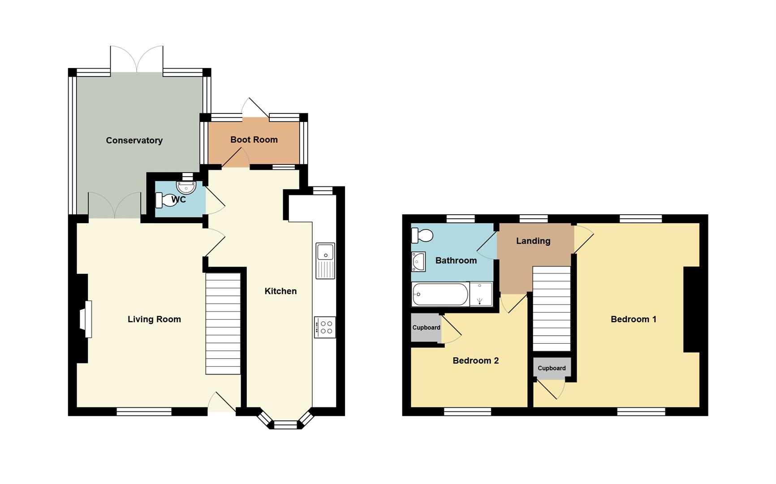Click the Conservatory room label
pyautogui.click(x=134, y=140)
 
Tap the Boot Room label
pyautogui.click(x=254, y=139)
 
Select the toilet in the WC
pyautogui.click(x=166, y=200)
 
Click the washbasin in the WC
pyautogui.click(x=186, y=187)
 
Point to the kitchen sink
pyautogui.click(x=325, y=260)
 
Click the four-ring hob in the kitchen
pyautogui.click(x=325, y=327)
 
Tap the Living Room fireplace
pyautogui.click(x=86, y=319)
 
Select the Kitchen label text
pyautogui.click(x=280, y=291)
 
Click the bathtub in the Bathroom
pyautogui.click(x=440, y=294)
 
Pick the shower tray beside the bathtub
pyautogui.click(x=481, y=294)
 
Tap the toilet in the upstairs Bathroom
pyautogui.click(x=422, y=235)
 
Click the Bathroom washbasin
pyautogui.click(x=418, y=262)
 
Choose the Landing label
pyautogui.click(x=533, y=241)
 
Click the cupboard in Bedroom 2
pyautogui.click(x=426, y=328)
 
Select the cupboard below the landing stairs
pyautogui.click(x=552, y=368)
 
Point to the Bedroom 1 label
pyautogui.click(x=633, y=319)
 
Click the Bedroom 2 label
pyautogui.click(x=475, y=360)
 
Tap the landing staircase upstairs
pyautogui.click(x=552, y=308)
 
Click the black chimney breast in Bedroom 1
pyautogui.click(x=691, y=309)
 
